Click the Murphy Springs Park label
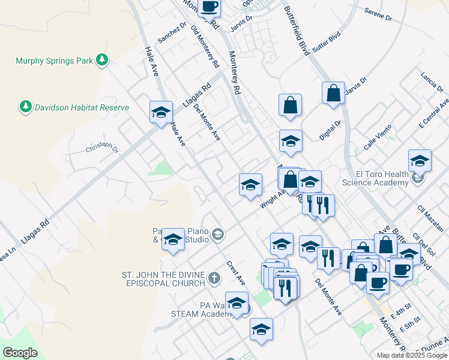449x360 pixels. pyautogui.click(x=54, y=60)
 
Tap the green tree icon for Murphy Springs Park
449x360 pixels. pyautogui.click(x=103, y=59)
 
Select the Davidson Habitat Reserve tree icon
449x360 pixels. pyautogui.click(x=25, y=107)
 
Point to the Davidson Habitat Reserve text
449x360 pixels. pyautogui.click(x=82, y=107)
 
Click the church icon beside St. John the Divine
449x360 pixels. pyautogui.click(x=215, y=278)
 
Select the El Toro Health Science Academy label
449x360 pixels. pyautogui.click(x=375, y=178)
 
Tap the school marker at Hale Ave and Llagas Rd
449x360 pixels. pyautogui.click(x=160, y=112)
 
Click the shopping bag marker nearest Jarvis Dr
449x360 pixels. pyautogui.click(x=333, y=94)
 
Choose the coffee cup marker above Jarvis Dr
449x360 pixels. pyautogui.click(x=209, y=7)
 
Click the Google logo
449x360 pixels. pyautogui.click(x=20, y=353)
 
